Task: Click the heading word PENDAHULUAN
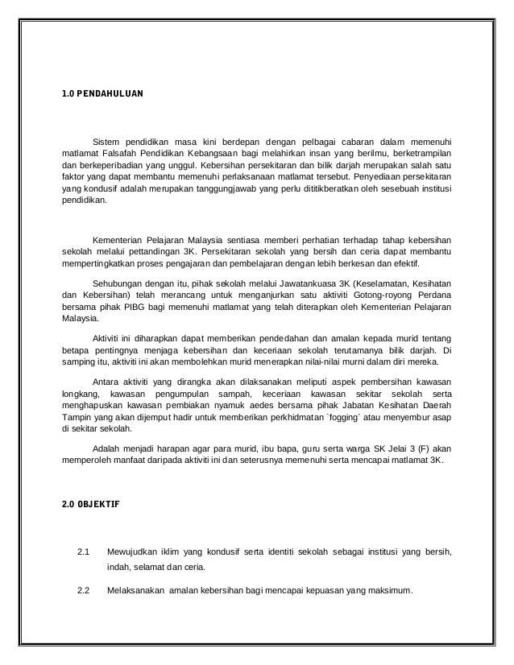(x=111, y=94)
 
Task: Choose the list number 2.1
(x=81, y=551)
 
